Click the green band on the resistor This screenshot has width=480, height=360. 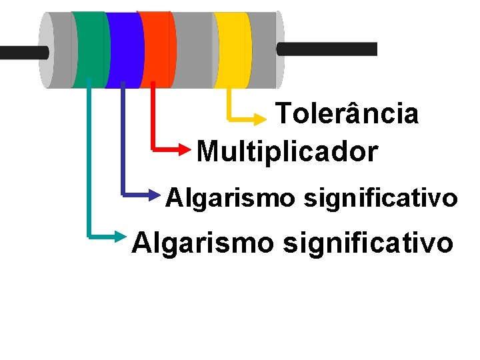[x=90, y=50]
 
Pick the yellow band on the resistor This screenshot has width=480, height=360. [x=231, y=50]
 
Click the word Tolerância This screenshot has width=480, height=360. [x=347, y=114]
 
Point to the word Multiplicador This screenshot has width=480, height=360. [x=287, y=151]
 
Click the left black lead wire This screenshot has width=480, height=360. [x=23, y=53]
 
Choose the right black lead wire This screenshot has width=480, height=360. [x=327, y=49]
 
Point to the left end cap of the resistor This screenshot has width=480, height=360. [x=46, y=50]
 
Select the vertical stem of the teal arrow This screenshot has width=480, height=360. [x=89, y=160]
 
